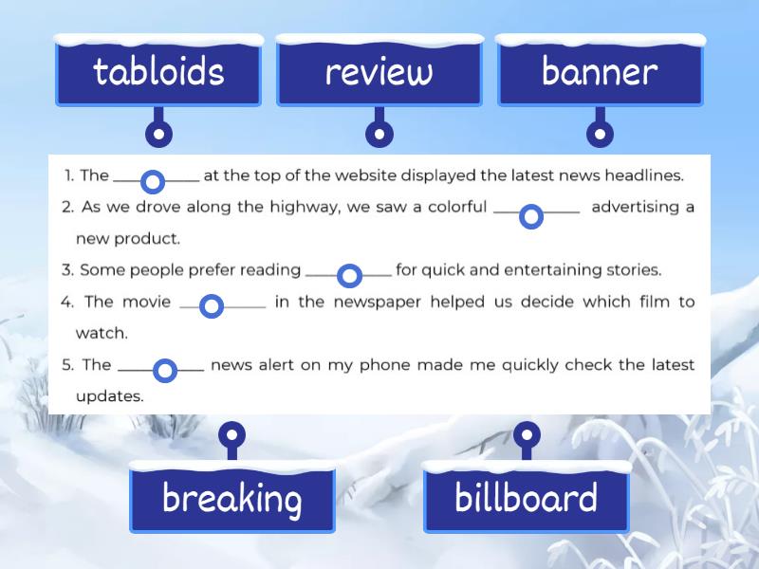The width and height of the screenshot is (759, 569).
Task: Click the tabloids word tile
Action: [158, 73]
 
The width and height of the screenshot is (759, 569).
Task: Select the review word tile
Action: [379, 73]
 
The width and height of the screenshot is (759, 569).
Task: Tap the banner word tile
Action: [600, 73]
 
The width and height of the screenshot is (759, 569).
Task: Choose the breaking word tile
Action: [232, 498]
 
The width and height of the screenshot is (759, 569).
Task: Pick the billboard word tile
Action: [527, 498]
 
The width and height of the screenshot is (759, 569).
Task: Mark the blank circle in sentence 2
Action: [531, 217]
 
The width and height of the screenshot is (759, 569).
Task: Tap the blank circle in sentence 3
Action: [350, 276]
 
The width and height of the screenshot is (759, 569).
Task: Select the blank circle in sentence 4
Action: [212, 306]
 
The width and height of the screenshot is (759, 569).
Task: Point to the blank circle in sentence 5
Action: [165, 370]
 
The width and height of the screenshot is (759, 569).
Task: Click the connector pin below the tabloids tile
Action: [158, 134]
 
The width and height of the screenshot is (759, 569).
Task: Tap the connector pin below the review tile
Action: [379, 134]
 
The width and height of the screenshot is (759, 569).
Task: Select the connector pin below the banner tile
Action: [600, 134]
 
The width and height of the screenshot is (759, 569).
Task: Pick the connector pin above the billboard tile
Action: [527, 436]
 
